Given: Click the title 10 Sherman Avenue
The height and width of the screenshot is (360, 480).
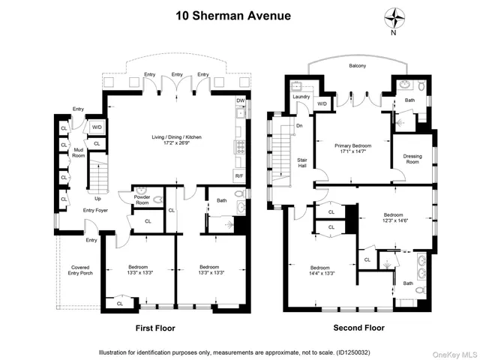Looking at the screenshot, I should [239, 13].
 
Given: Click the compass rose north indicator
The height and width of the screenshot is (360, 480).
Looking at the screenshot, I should [394, 18].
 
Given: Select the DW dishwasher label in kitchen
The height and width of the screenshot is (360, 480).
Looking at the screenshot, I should [240, 100].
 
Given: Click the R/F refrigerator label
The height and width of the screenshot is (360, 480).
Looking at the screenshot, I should [238, 175].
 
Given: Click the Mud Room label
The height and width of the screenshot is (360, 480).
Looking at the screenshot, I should [78, 157].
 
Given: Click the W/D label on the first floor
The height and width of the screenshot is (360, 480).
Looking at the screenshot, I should [97, 127].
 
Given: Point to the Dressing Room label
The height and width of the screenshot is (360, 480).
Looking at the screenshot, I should [411, 159].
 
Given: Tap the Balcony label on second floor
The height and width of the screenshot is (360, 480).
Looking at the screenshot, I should [357, 66].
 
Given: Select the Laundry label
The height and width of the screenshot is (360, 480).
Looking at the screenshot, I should [301, 96].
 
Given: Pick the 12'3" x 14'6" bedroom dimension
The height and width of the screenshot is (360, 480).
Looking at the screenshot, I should [394, 219].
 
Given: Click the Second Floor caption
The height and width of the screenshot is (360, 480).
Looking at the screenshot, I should [358, 328].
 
